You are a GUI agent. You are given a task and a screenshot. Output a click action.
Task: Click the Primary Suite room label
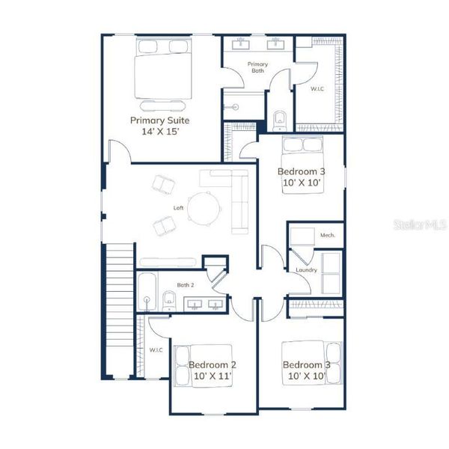[x=159, y=120]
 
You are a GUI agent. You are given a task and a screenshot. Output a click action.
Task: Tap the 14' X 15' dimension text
[x=159, y=131]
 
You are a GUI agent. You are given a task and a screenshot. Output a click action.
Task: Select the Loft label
[x=178, y=208]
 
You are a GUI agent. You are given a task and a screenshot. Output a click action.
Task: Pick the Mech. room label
[x=327, y=235]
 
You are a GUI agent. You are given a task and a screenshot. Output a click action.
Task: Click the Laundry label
[x=306, y=269]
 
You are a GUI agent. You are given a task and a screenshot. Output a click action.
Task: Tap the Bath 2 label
[x=186, y=285]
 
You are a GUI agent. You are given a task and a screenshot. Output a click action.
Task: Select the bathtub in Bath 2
[x=146, y=292]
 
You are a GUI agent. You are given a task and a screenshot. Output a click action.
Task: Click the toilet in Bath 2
[x=168, y=301]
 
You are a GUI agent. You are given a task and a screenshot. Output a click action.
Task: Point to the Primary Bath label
[x=257, y=67]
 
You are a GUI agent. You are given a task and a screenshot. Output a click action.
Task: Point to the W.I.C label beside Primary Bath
[x=318, y=88]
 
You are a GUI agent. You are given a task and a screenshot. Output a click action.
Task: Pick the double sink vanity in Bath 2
[x=204, y=305]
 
